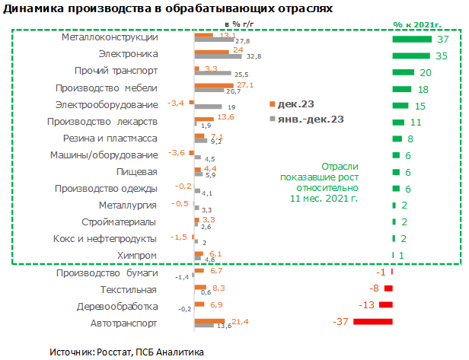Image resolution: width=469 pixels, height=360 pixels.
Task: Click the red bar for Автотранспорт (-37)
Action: coord(372,322)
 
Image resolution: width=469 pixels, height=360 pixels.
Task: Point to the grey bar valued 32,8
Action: coord(219,57)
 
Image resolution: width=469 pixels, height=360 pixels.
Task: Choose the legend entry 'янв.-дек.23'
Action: coord(308,119)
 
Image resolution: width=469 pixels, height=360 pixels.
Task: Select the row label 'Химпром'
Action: coord(139,255)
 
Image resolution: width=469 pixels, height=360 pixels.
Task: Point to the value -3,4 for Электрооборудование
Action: coord(175,103)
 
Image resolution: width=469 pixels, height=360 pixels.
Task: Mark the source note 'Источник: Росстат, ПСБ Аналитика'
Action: coord(126,352)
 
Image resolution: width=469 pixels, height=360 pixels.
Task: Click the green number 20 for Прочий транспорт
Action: coord(426,72)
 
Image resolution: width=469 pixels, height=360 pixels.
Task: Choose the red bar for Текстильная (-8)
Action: coord(388,288)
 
